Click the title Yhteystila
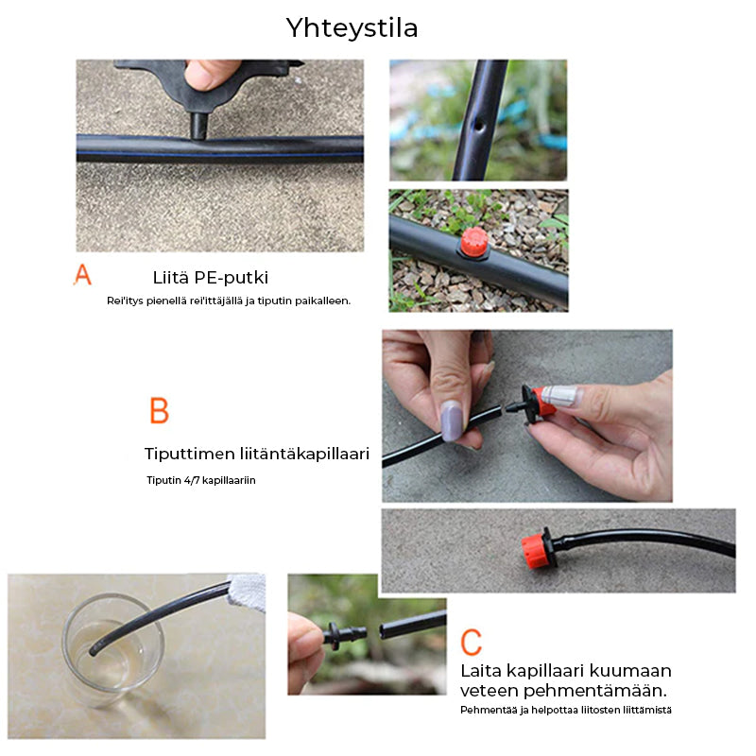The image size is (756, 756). [x=352, y=28]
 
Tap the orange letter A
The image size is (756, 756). [x=82, y=274]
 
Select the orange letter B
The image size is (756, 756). [x=159, y=410]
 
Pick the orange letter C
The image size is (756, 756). [x=471, y=642]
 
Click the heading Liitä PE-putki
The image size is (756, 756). [x=210, y=278]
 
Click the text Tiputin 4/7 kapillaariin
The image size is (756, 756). [x=201, y=480]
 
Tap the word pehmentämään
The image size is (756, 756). [x=595, y=691]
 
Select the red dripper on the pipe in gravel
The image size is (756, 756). [x=474, y=243]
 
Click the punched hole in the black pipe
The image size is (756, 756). [x=479, y=127]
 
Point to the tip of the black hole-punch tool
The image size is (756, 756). [x=198, y=136]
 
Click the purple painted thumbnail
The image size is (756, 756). [x=452, y=421]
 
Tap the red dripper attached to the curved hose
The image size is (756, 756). [x=538, y=549]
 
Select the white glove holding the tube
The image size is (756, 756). [x=247, y=592]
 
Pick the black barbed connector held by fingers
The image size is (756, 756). [x=345, y=632]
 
